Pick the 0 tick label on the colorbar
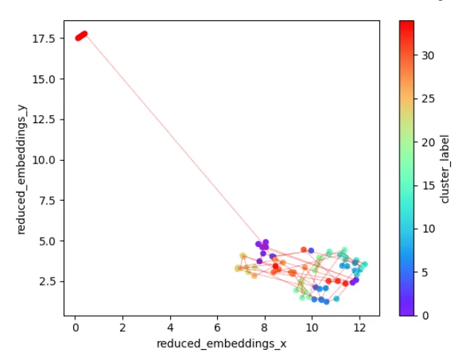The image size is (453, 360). (x=425, y=315)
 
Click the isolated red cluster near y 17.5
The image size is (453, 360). (x=81, y=35)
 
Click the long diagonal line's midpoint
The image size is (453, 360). (x=172, y=138)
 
